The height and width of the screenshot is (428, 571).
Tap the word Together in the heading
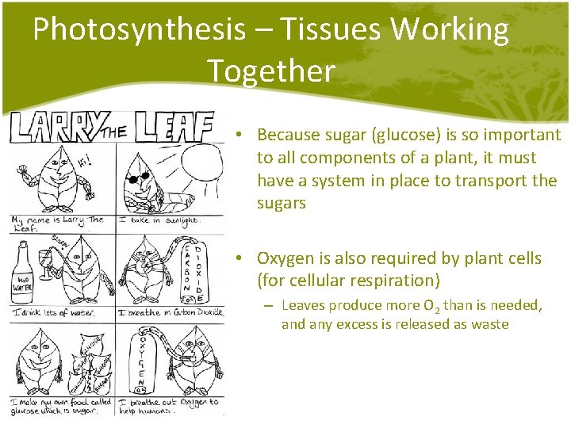[x=271, y=71]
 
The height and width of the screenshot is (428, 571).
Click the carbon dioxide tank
[x=195, y=270]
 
